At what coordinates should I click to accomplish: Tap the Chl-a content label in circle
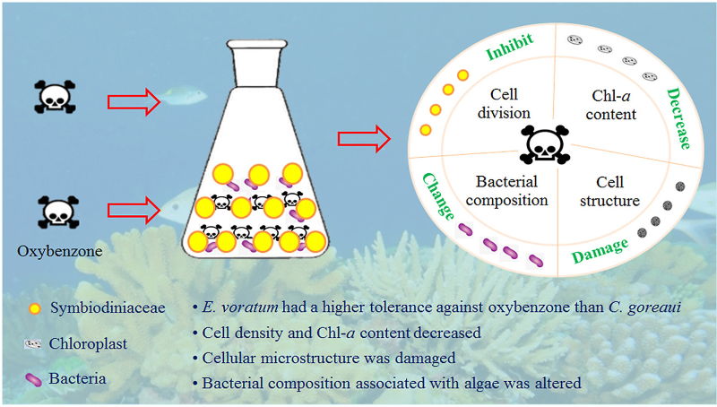(614, 104)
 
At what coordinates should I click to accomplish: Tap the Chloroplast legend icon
(34, 344)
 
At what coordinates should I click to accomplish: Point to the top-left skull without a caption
(49, 95)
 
